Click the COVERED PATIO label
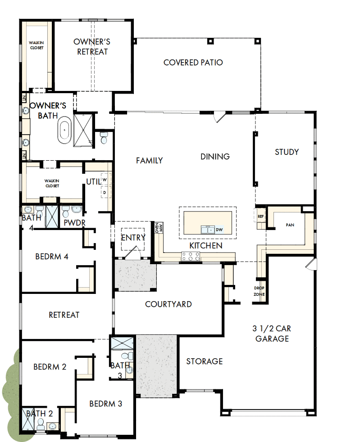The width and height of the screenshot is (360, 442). click(x=193, y=63)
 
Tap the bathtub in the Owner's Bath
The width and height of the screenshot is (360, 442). click(x=64, y=131)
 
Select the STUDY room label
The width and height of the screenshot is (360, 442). click(x=287, y=152)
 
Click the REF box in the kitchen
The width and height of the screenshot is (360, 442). click(x=260, y=216)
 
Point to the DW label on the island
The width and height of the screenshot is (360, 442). click(x=219, y=230)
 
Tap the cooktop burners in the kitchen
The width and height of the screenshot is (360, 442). click(x=190, y=257)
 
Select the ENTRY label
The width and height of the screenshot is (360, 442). click(x=133, y=238)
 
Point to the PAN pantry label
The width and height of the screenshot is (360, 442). click(x=290, y=225)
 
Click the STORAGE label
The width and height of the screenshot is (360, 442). click(x=205, y=361)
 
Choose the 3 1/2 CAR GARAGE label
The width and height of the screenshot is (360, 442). click(x=272, y=333)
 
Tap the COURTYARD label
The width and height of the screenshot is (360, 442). click(x=168, y=304)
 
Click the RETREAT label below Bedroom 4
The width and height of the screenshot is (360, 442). click(x=64, y=315)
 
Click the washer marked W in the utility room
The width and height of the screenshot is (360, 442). click(x=105, y=180)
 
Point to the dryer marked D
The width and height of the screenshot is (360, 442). click(x=105, y=192)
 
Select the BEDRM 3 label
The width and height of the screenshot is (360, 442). click(x=105, y=403)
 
